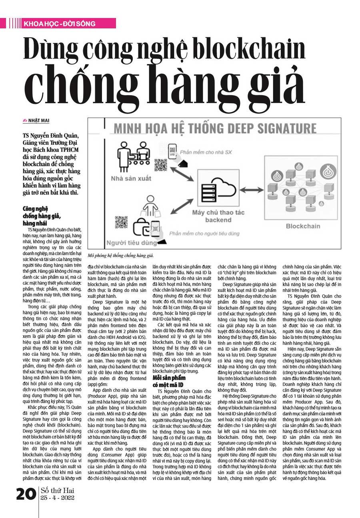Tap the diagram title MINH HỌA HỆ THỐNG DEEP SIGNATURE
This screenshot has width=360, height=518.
coord(215,129)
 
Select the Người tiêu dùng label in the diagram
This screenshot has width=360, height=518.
coord(132,242)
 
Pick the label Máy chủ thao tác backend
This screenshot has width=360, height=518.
coord(218,216)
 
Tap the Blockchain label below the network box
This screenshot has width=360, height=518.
coord(303,226)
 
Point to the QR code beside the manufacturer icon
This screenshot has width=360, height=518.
coord(160,165)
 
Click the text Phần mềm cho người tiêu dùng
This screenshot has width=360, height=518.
coord(204,233)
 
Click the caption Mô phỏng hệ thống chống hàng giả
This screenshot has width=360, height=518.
coord(121,255)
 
